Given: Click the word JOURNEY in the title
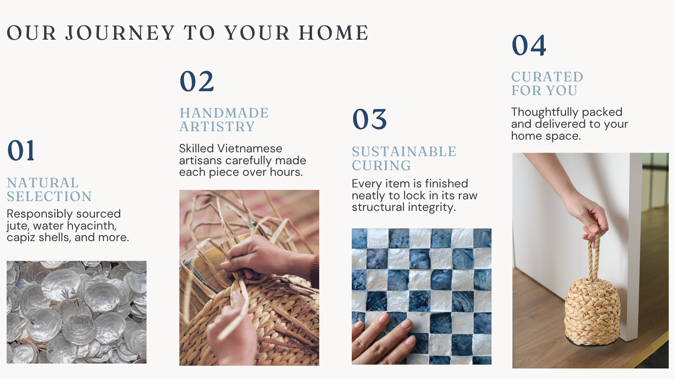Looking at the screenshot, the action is tap(120, 33).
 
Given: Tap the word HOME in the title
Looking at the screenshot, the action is tap(333, 33).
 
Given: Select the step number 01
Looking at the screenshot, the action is tap(21, 150).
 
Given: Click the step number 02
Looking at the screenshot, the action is tap(197, 81).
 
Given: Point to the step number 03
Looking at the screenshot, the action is tap(369, 119).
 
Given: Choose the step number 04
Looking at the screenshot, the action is tap(529, 45).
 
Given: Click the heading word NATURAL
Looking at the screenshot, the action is tap(43, 183).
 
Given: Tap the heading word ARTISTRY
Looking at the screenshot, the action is tap(217, 127).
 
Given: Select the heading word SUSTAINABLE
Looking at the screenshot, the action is tap(404, 152).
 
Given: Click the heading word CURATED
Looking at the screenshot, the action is tap(547, 77).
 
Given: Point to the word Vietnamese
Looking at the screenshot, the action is tap(250, 148).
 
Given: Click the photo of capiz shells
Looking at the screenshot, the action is tap(77, 312).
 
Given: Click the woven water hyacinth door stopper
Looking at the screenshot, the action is tap(592, 311).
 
